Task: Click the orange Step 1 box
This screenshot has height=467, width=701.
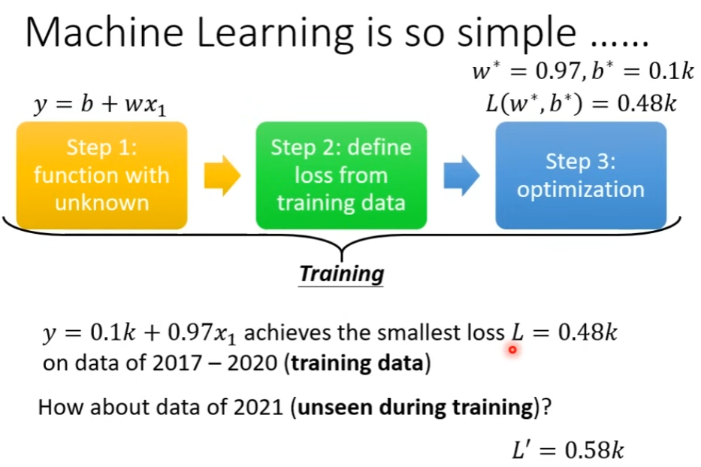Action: click(x=101, y=175)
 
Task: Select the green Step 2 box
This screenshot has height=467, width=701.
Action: click(x=341, y=175)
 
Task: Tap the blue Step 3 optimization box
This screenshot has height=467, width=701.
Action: click(x=581, y=175)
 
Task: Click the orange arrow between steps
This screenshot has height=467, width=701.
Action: click(x=222, y=176)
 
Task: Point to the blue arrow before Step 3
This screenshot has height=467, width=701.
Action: click(x=461, y=176)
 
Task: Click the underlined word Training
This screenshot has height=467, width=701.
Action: click(x=341, y=274)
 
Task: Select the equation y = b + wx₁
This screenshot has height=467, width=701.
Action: click(x=100, y=105)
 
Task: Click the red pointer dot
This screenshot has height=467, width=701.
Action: click(x=512, y=350)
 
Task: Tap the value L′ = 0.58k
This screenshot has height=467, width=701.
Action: click(x=568, y=449)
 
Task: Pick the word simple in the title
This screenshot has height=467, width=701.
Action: click(x=517, y=35)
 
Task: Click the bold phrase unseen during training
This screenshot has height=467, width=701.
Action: click(x=415, y=408)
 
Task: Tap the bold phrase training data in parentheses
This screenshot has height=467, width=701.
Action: click(x=357, y=362)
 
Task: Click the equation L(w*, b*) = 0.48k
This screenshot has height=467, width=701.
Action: click(x=581, y=104)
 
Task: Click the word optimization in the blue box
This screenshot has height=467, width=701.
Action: click(x=581, y=190)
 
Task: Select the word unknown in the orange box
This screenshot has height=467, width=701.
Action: click(x=102, y=202)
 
